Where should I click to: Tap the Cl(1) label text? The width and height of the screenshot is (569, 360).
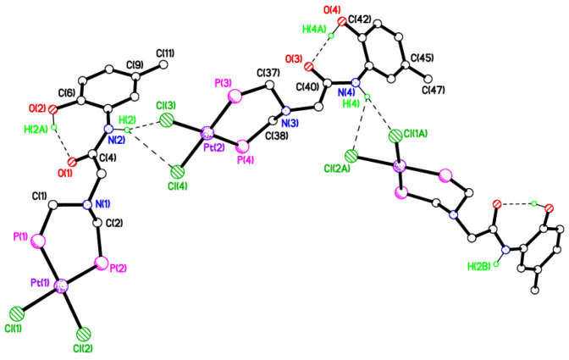(x=12, y=328)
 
